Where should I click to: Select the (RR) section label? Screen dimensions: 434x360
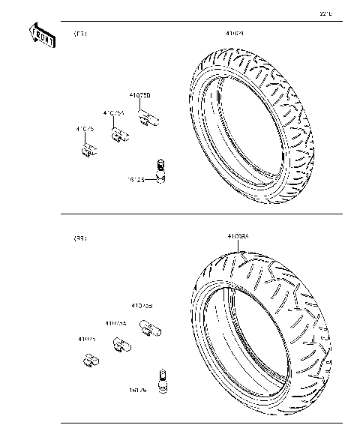pyautogui.click(x=79, y=238)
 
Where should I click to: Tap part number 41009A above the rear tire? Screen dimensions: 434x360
pyautogui.click(x=238, y=237)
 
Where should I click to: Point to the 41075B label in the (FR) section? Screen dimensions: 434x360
pyautogui.click(x=139, y=96)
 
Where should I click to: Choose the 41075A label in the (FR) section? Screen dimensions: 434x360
pyautogui.click(x=113, y=112)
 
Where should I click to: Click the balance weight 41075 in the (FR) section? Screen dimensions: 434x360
pyautogui.click(x=87, y=150)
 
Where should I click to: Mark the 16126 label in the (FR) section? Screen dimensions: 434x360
pyautogui.click(x=138, y=180)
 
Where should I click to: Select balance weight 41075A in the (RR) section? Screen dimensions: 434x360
pyautogui.click(x=119, y=345)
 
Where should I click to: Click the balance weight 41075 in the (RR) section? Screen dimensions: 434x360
pyautogui.click(x=90, y=361)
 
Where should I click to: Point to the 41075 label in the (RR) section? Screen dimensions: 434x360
pyautogui.click(x=87, y=339)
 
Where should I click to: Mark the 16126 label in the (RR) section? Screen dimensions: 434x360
pyautogui.click(x=137, y=390)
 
